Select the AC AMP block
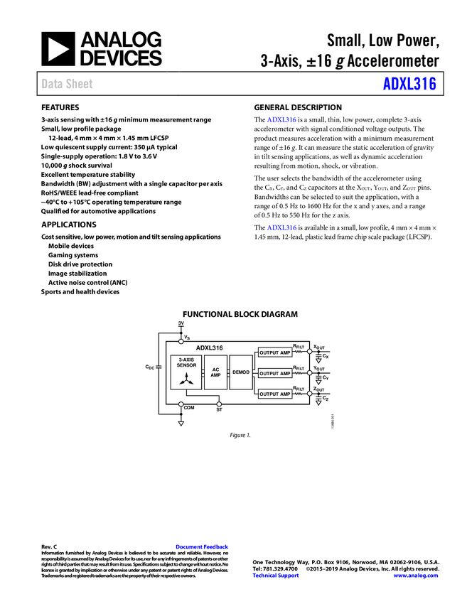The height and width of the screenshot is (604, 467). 215,372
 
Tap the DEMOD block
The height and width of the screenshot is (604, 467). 241,372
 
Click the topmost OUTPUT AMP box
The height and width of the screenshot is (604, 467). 275,352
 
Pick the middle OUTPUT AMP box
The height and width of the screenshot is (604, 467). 275,373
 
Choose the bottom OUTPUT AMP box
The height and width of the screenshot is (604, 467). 275,394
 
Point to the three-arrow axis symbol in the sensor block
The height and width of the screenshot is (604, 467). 186,379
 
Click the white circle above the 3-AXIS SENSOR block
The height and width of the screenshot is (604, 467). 181,342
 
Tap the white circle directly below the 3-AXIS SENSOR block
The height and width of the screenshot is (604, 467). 181,404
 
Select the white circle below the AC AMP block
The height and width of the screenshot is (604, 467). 219,404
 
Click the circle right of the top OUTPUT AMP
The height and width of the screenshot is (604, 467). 309,351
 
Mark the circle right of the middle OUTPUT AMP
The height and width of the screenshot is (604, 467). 309,372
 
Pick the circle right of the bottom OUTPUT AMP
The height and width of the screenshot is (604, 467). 309,393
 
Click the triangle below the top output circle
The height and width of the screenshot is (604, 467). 318,361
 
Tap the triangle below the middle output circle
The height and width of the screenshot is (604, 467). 318,382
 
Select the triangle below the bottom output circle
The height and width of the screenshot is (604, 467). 318,403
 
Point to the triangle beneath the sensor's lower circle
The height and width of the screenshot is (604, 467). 181,424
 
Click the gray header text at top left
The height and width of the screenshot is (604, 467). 68,84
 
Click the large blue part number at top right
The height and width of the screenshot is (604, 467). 409,84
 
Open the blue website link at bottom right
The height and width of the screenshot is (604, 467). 416,576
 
